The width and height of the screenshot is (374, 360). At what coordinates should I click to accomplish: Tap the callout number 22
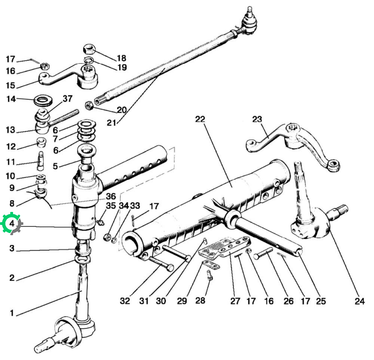pos(200,119)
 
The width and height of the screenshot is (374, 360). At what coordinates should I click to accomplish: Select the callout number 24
pos(360,301)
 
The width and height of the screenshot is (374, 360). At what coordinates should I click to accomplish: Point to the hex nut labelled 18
pos(89,49)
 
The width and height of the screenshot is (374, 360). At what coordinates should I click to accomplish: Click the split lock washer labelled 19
pos(88,60)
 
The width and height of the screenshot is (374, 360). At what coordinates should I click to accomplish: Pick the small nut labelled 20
pos(89,105)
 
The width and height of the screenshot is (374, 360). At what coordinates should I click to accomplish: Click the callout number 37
pos(68,99)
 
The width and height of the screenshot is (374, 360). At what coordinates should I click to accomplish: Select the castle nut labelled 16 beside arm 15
pos(45,66)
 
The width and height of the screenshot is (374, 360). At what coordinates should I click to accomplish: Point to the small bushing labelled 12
pos(41,142)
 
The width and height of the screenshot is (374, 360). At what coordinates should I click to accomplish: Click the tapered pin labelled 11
pos(41,161)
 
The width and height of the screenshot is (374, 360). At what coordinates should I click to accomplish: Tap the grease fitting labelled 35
pos(101,222)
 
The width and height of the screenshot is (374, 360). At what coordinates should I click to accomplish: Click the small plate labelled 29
pos(211,265)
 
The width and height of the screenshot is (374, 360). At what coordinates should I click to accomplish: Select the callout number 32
pos(125,301)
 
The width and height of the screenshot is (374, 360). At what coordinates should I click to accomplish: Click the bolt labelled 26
pos(263,253)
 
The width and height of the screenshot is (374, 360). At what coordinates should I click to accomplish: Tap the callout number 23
pos(257,119)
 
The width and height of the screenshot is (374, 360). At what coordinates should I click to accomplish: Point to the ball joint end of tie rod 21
pos(249,22)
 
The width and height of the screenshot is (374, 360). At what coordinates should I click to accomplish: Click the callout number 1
pos(12,313)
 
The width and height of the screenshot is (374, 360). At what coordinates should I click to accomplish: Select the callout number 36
pos(111,197)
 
